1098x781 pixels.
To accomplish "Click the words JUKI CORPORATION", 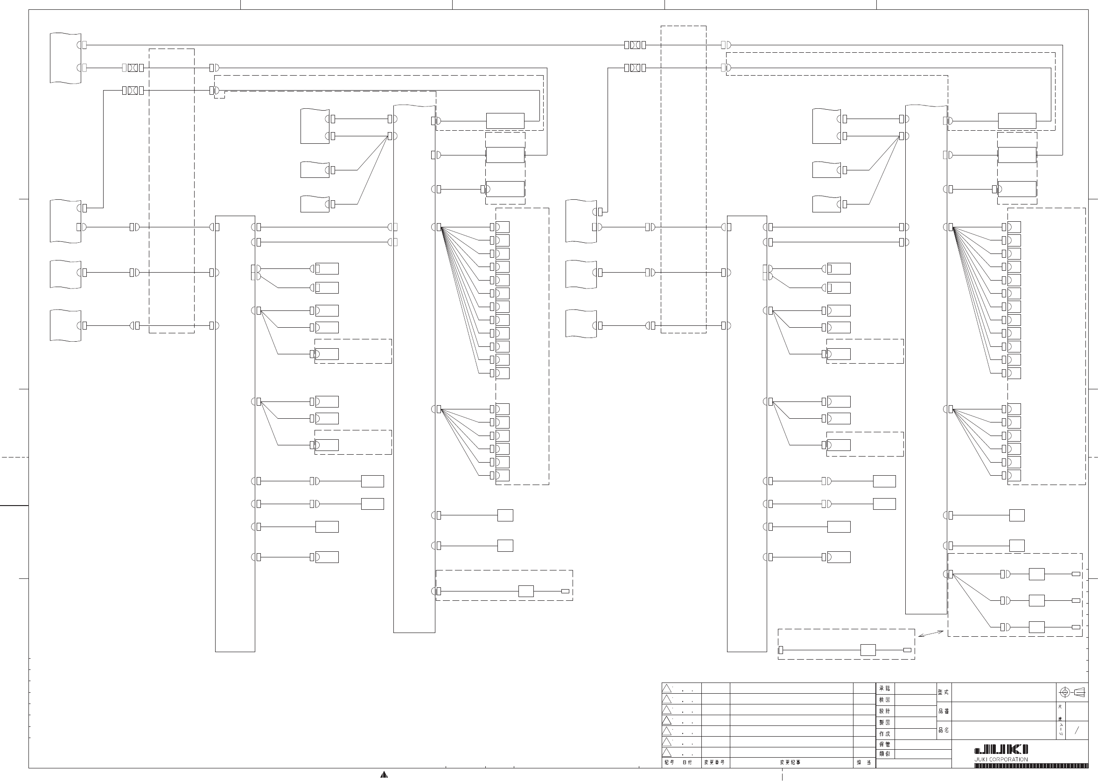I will click(x=1001, y=760).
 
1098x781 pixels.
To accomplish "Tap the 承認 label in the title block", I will click(x=885, y=689).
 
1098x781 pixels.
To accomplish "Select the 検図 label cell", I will click(x=885, y=700).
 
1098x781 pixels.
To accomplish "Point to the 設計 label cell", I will click(x=885, y=711).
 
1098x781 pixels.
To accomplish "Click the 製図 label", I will click(x=885, y=722).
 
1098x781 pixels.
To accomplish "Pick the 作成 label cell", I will click(x=885, y=734).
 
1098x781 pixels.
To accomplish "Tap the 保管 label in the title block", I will click(x=885, y=745).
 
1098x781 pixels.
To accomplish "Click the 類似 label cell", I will click(x=885, y=753).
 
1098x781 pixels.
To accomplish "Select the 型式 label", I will click(x=944, y=692).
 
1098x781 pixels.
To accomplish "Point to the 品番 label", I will click(x=944, y=711).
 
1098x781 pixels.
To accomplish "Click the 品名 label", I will click(x=944, y=730).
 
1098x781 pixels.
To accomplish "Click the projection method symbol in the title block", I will click(x=1072, y=692).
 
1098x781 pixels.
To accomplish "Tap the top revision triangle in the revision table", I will click(x=667, y=689).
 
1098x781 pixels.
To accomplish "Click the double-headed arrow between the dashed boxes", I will click(x=930, y=633).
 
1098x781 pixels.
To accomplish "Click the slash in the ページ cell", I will click(x=1077, y=730).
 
